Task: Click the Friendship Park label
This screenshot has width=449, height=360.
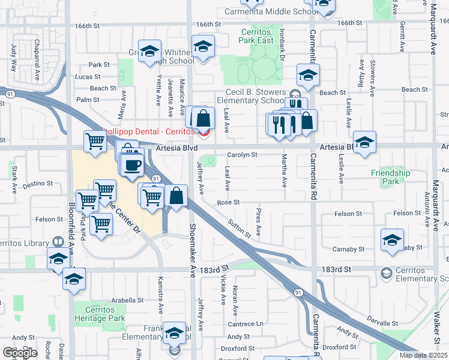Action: (390, 177)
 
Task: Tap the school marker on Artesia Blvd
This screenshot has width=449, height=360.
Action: (364, 143)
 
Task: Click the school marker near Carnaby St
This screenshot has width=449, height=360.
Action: (392, 240)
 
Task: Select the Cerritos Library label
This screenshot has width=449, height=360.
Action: (24, 242)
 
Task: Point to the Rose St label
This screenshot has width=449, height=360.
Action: (228, 203)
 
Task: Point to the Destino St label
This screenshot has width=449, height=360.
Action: (36, 186)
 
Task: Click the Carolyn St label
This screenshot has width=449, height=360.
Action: (242, 154)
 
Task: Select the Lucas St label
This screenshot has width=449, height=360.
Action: (88, 77)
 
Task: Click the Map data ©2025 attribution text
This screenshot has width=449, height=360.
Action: (423, 355)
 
